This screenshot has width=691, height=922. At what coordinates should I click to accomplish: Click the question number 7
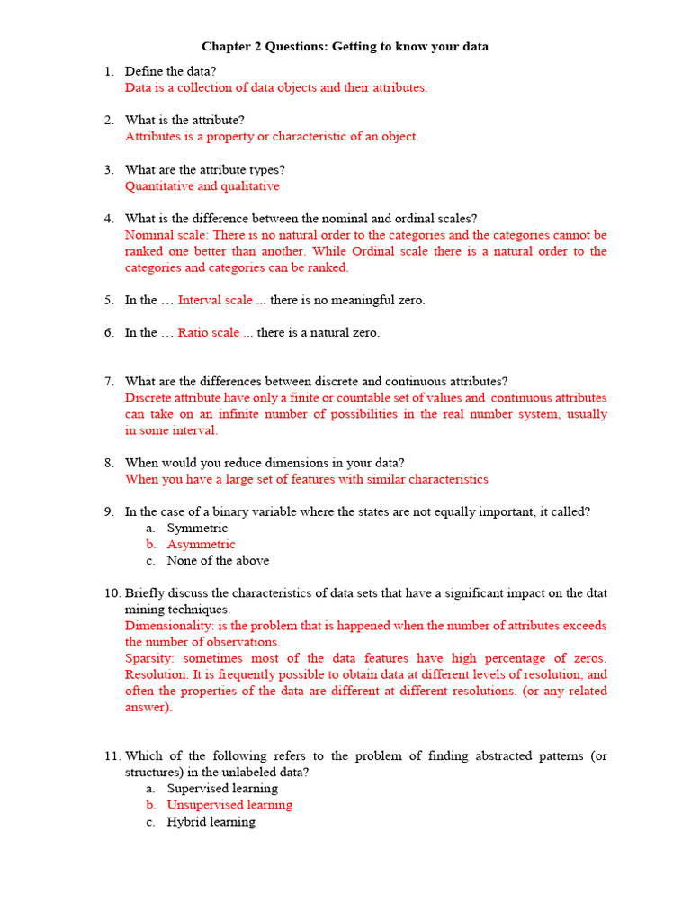click(108, 382)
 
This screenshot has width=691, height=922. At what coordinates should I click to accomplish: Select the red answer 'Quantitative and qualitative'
click(202, 186)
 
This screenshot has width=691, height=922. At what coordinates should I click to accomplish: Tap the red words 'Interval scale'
click(215, 301)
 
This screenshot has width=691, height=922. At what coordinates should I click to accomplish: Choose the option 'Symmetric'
click(197, 529)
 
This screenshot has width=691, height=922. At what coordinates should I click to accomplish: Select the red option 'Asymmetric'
click(201, 545)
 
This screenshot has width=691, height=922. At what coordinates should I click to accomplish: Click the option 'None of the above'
click(218, 561)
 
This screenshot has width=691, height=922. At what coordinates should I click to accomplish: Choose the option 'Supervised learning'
click(222, 789)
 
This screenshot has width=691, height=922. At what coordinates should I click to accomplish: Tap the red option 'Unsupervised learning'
click(229, 805)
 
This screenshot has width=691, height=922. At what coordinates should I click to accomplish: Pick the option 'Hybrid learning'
click(211, 822)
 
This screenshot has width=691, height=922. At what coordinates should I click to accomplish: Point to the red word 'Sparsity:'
click(154, 658)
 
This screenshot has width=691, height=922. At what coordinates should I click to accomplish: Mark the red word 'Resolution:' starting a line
click(157, 674)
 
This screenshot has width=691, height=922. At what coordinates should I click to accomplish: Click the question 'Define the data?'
click(170, 71)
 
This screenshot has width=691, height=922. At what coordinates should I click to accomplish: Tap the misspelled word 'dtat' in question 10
click(596, 593)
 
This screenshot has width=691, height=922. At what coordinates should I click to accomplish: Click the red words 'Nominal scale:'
click(166, 235)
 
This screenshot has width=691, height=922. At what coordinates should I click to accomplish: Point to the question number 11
click(112, 756)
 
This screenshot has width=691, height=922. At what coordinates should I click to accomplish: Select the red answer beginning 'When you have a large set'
click(306, 479)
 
